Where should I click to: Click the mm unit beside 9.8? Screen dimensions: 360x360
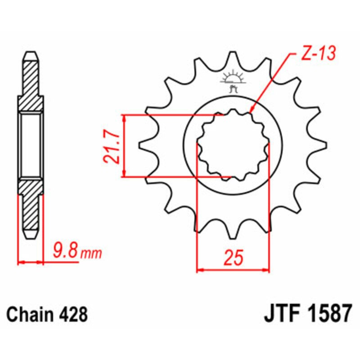[x=91, y=255]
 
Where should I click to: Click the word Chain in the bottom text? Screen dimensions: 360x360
[x=30, y=314]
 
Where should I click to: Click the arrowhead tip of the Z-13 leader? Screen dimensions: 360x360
[x=250, y=111]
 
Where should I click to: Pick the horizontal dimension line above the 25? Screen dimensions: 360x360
[x=233, y=270]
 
